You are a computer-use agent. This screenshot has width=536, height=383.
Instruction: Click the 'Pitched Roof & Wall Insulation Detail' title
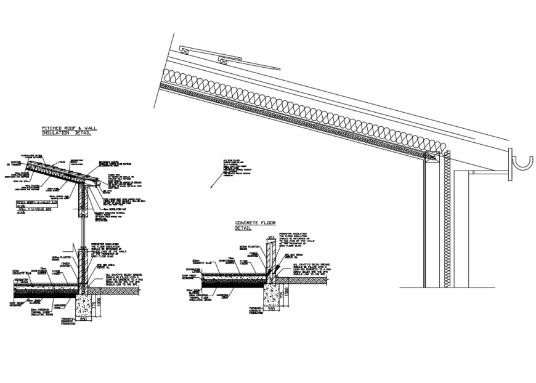coord(67,130)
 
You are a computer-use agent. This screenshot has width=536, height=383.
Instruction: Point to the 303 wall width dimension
coord(270,237)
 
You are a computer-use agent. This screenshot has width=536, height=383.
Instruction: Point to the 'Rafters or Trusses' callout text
coord(12,162)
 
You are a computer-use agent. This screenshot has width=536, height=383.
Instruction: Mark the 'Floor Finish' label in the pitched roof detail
coord(55,270)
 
